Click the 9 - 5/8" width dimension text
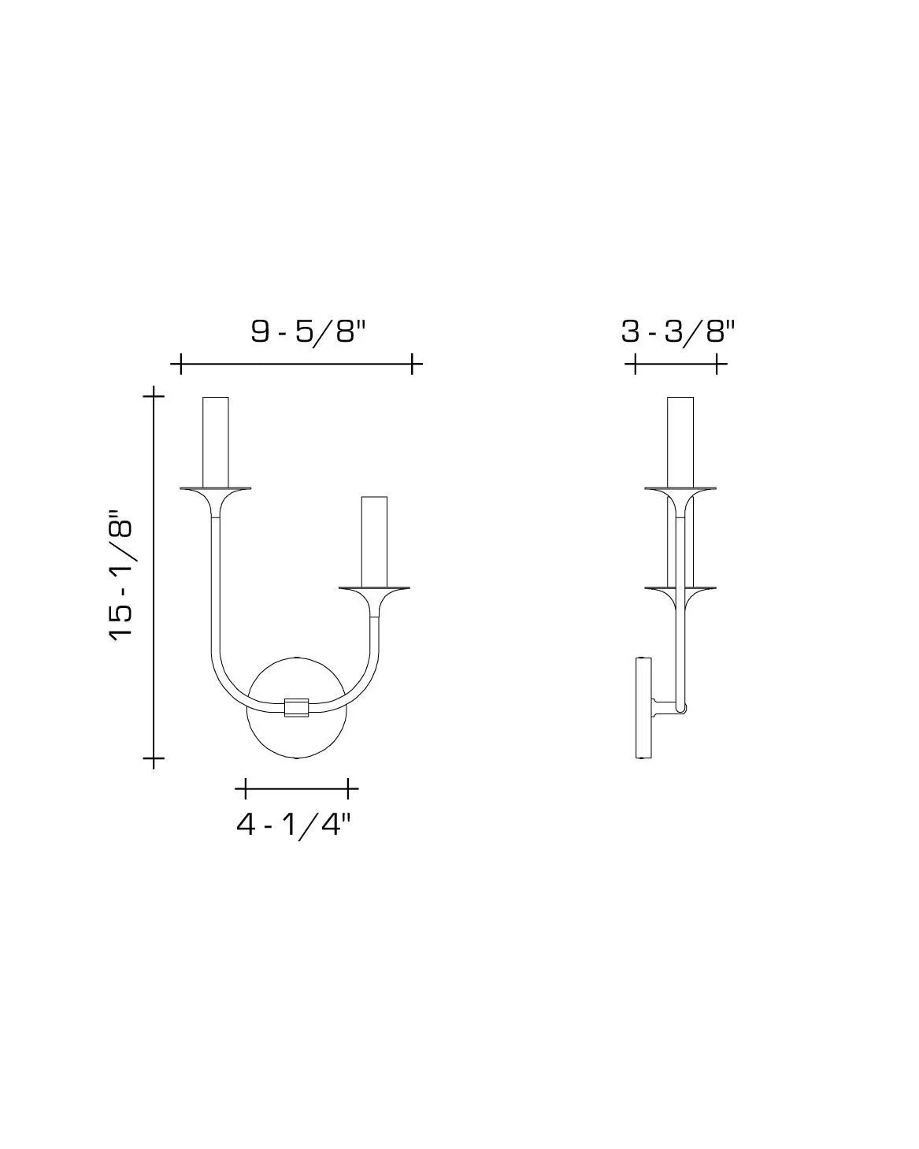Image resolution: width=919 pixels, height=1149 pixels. pos(309,332)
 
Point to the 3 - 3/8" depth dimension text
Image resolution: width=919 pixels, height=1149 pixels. pos(677,332)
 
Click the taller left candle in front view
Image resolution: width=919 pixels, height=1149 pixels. pos(216,442)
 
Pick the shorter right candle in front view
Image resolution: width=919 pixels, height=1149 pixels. pos(374,542)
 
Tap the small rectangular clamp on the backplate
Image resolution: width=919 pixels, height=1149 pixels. pos(296,707)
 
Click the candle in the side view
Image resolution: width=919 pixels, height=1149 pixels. pos(680,442)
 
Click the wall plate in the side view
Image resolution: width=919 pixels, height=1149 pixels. pos(643,708)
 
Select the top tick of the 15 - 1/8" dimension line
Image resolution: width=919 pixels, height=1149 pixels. pos(154,394)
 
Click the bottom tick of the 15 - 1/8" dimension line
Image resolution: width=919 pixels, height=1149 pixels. pos(154,760)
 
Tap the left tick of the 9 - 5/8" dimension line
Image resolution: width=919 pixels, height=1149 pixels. pos(180,364)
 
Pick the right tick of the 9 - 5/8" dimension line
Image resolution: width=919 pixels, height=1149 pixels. pos(412,364)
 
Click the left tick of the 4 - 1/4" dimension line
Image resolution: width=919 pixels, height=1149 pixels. pos(246,788)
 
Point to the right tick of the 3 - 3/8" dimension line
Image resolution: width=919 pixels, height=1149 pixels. pos(716,364)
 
